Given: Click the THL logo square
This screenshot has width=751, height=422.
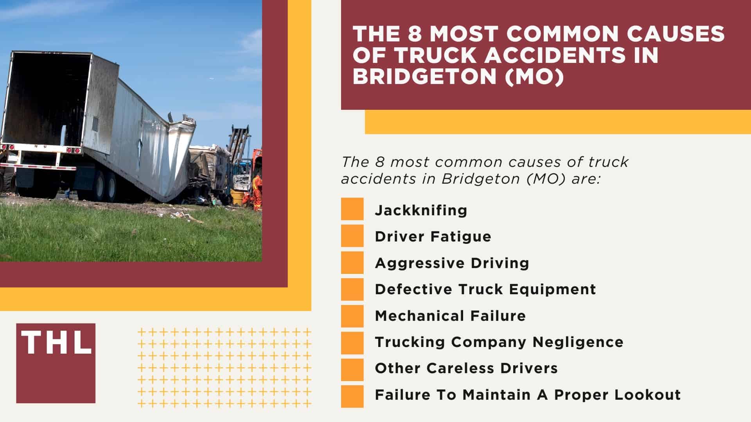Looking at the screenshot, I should coord(56,363).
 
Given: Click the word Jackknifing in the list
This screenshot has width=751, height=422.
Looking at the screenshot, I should coord(421,210).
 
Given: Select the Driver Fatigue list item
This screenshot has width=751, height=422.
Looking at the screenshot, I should coord(433,236).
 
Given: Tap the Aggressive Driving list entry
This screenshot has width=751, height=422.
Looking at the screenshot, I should coord(452,263).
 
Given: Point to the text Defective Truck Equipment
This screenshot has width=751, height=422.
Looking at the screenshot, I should coord(485,289).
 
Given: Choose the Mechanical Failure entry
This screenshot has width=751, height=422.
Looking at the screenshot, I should coord(450,316).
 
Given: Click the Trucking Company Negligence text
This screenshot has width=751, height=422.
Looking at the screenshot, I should coord(499,342).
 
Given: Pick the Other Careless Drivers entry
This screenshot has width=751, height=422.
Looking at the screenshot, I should coord(466,368).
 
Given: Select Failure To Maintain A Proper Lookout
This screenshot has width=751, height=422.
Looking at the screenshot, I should coord(528,395).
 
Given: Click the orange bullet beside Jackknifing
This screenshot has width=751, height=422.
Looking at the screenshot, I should coord(352,209).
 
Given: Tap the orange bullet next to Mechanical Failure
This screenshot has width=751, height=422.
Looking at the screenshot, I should coord(352,316).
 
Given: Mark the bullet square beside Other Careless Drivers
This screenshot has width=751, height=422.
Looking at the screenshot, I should coord(352,369).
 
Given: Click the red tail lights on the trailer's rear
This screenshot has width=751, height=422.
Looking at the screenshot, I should coord(70,150).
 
